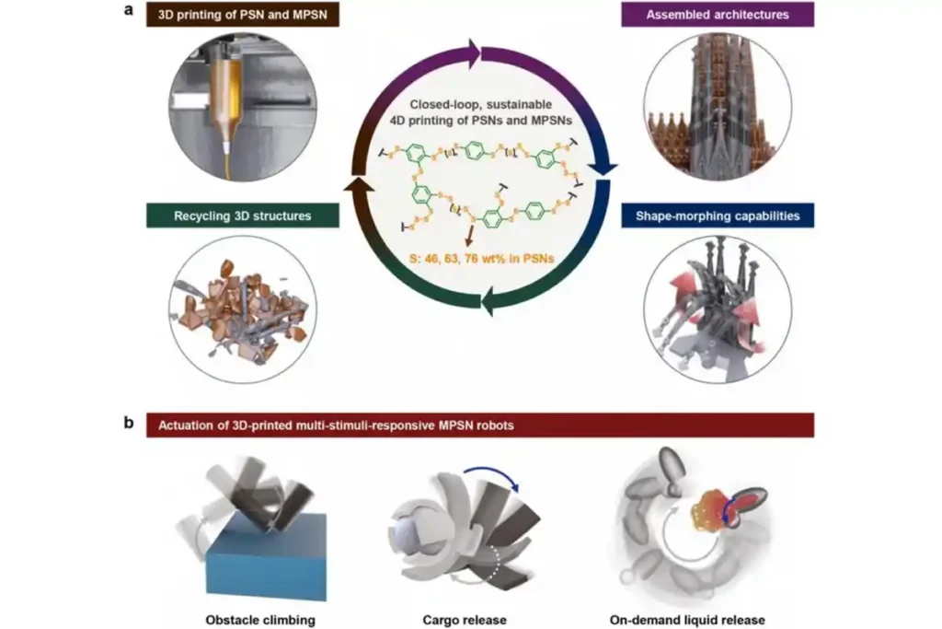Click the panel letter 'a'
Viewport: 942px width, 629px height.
(132, 14)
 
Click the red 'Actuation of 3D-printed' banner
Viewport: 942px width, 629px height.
(479, 425)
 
